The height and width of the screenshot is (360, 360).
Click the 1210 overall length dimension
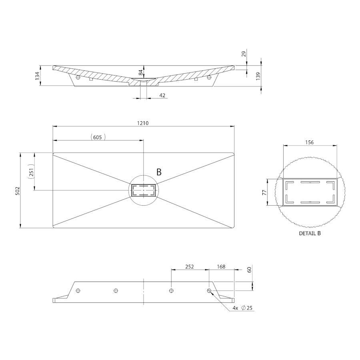(x=143, y=123)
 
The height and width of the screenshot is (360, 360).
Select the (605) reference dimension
(x=98, y=137)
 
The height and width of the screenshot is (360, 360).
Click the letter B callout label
(x=159, y=172)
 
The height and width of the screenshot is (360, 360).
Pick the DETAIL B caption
(x=310, y=233)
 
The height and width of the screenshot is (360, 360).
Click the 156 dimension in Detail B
(x=309, y=142)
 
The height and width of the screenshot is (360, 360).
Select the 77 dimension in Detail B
(x=264, y=192)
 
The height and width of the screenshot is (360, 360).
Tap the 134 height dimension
(x=37, y=76)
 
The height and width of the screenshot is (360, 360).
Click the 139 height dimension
(x=258, y=76)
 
